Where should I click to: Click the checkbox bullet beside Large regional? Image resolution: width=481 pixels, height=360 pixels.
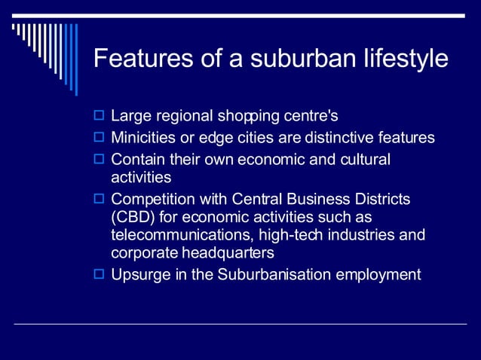(x=98, y=117)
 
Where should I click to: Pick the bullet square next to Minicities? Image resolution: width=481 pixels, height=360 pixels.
(x=98, y=138)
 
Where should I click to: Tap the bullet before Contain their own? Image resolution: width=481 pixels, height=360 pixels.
(x=98, y=159)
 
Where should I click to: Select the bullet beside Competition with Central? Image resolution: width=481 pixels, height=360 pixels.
(x=98, y=199)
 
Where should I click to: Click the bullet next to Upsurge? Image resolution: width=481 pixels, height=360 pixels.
(x=98, y=274)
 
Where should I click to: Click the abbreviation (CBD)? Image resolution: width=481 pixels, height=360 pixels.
(x=132, y=217)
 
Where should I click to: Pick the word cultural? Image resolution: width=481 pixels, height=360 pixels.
(x=366, y=159)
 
